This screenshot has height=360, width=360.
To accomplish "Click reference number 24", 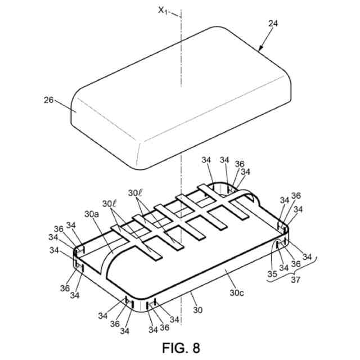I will point(273,24).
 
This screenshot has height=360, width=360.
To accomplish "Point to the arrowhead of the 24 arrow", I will point(260,50).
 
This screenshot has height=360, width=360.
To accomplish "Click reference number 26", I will point(49,101).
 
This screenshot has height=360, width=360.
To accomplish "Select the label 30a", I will point(92,214).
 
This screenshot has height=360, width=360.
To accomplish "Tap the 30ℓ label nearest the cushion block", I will point(136,193).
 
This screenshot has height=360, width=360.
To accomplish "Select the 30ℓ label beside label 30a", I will point(110,204).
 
